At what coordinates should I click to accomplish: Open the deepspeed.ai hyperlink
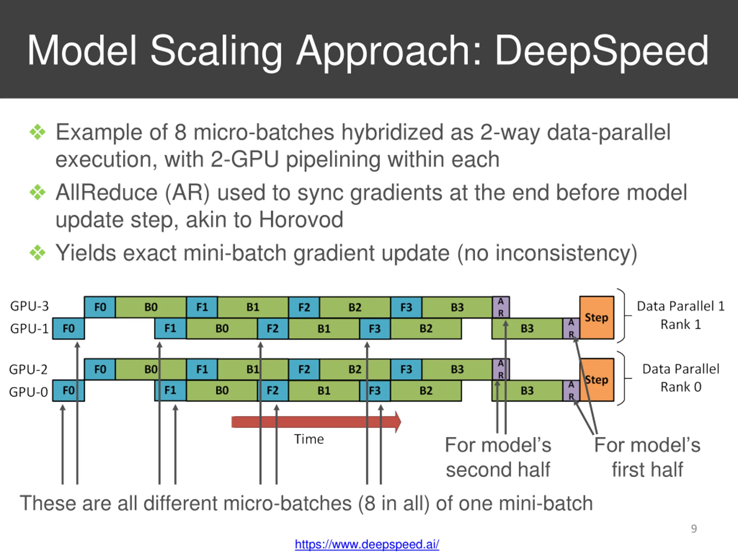click(367, 544)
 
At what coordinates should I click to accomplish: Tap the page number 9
click(694, 529)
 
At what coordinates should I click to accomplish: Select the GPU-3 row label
click(29, 306)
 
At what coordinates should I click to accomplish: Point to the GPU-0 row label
click(28, 391)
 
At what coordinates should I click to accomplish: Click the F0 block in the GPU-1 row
click(69, 329)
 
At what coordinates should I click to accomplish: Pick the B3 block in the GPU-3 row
click(457, 307)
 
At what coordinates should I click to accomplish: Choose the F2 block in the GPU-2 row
click(304, 369)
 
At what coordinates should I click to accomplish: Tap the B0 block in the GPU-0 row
click(222, 390)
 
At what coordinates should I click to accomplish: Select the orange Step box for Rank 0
click(596, 380)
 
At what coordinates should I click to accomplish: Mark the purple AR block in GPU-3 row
click(501, 307)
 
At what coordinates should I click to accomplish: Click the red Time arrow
click(316, 422)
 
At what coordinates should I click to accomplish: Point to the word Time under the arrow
click(309, 439)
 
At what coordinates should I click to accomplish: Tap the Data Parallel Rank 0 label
click(681, 378)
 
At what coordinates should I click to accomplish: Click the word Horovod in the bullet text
click(301, 219)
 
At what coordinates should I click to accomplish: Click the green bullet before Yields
click(37, 253)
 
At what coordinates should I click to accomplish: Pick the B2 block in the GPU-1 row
click(426, 329)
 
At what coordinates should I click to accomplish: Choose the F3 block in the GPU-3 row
click(406, 307)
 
